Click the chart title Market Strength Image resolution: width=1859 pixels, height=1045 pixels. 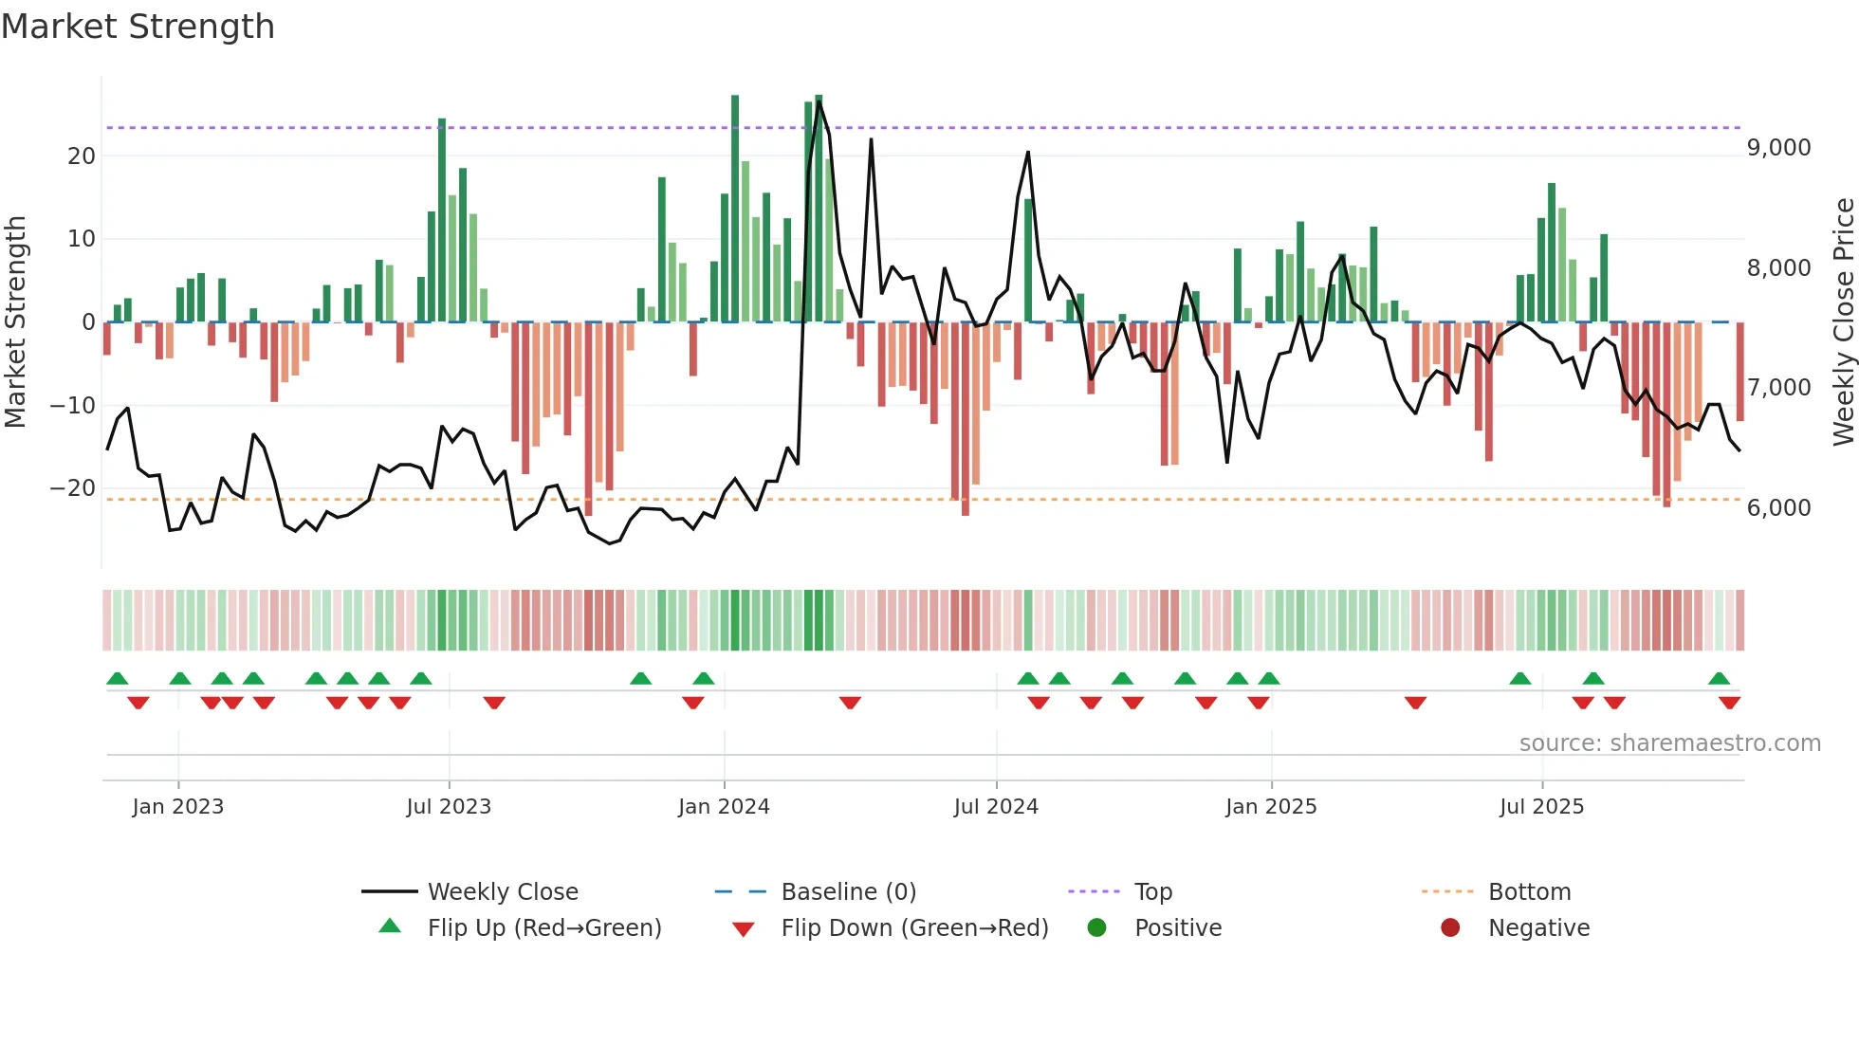pyautogui.click(x=138, y=27)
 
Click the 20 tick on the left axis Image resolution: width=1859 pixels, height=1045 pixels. pyautogui.click(x=82, y=156)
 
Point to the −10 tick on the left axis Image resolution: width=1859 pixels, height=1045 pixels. pyautogui.click(x=73, y=406)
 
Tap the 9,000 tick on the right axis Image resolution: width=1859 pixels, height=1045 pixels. pyautogui.click(x=1778, y=148)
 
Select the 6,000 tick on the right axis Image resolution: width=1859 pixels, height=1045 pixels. pyautogui.click(x=1778, y=508)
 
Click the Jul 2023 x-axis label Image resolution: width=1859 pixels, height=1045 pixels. pyautogui.click(x=449, y=807)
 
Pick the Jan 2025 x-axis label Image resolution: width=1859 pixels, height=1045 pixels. pyautogui.click(x=1270, y=807)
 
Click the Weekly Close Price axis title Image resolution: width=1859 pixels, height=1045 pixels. pyautogui.click(x=1843, y=322)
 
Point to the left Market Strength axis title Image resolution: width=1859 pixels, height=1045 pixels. pyautogui.click(x=15, y=322)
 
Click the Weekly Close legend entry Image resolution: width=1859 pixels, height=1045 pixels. pyautogui.click(x=502, y=892)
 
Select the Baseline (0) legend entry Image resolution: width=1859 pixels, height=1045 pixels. pyautogui.click(x=848, y=892)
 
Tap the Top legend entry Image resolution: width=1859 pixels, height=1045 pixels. pyautogui.click(x=1152, y=892)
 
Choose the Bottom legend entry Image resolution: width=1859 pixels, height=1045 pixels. pyautogui.click(x=1529, y=892)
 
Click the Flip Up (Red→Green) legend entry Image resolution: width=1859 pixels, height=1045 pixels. pyautogui.click(x=543, y=928)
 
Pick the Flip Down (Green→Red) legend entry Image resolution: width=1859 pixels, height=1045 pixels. pyautogui.click(x=914, y=928)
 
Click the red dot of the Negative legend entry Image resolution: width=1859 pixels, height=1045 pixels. pyautogui.click(x=1450, y=927)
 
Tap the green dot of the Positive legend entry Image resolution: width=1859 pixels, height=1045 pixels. pyautogui.click(x=1096, y=927)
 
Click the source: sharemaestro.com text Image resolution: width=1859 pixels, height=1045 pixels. pyautogui.click(x=1669, y=743)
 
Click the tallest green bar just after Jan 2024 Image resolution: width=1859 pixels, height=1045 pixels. pyautogui.click(x=735, y=209)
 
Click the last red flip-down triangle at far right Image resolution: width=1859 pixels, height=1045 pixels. pyautogui.click(x=1729, y=703)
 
